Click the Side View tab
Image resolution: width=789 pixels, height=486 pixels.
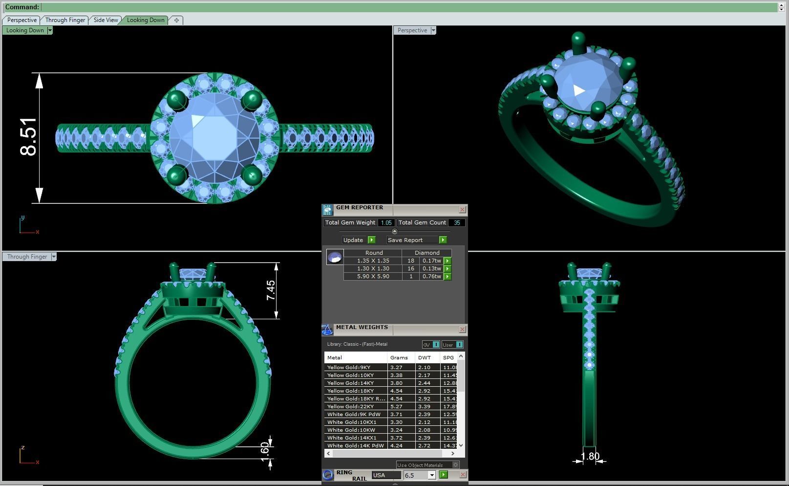[106, 20]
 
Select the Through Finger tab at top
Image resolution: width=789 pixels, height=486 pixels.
[65, 20]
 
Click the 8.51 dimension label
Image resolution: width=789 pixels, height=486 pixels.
[28, 137]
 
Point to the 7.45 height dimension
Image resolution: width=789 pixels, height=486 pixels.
[271, 290]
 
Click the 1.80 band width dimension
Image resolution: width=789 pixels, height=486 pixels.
[590, 456]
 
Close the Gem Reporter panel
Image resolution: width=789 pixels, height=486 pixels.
[462, 210]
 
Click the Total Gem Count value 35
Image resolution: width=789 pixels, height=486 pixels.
[457, 222]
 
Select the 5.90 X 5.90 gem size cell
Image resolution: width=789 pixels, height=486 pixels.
[373, 276]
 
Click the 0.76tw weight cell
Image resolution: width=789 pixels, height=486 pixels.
[431, 276]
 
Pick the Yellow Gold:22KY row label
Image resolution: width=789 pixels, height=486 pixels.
[351, 406]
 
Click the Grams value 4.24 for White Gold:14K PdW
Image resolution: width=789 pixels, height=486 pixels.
[396, 445]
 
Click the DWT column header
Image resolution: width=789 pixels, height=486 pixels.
[424, 357]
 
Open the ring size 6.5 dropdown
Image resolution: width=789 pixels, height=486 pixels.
[432, 475]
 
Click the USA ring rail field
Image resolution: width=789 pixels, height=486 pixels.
[385, 475]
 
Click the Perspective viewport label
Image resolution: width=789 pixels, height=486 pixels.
[412, 30]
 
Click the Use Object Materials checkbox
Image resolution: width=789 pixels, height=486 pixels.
[455, 465]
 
